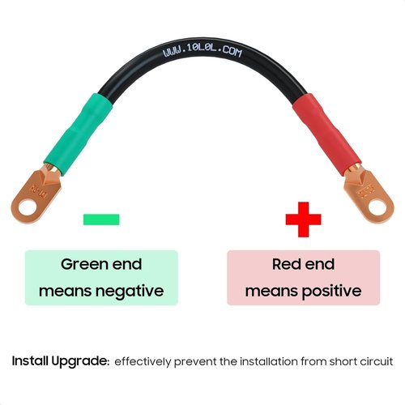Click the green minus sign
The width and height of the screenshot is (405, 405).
point(101,220)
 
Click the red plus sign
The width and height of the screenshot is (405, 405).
point(304,220)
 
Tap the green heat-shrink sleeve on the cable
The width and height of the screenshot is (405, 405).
point(79,134)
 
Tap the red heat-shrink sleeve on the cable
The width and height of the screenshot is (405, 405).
point(327,134)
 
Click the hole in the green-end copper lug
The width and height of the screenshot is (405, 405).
point(28,208)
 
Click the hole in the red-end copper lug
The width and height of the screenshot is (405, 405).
point(377,207)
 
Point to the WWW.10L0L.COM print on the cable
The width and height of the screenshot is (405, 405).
point(202,51)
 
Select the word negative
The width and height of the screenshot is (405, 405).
point(130,292)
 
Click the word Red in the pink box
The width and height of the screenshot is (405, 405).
point(284,264)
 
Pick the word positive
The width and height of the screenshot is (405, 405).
point(331,292)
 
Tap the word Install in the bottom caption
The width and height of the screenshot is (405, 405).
point(30,361)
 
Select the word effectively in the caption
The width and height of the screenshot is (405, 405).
point(143,362)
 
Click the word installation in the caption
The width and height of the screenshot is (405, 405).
point(269,361)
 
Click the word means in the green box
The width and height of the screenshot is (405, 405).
point(66,292)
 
